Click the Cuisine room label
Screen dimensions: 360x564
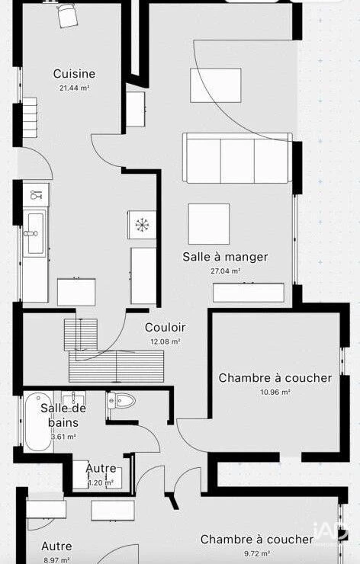74,74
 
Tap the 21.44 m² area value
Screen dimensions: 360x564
74,88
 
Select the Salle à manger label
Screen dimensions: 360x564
225,257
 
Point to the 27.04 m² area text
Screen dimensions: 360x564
225,271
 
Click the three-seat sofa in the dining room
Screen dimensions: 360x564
237,158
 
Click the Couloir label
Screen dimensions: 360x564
166,327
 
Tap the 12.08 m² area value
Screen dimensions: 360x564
166,341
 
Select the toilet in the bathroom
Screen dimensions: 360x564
121,400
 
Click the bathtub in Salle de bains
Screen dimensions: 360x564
38,422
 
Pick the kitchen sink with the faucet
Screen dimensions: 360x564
34,233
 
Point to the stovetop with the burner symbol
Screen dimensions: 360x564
142,225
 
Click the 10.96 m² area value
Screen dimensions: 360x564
275,392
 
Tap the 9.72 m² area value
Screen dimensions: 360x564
257,553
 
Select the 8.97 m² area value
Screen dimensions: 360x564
56,560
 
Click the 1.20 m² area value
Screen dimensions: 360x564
101,482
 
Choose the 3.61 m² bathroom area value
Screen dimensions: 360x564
63,437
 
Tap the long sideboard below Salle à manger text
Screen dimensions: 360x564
249,293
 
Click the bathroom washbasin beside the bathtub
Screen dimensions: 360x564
73,398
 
